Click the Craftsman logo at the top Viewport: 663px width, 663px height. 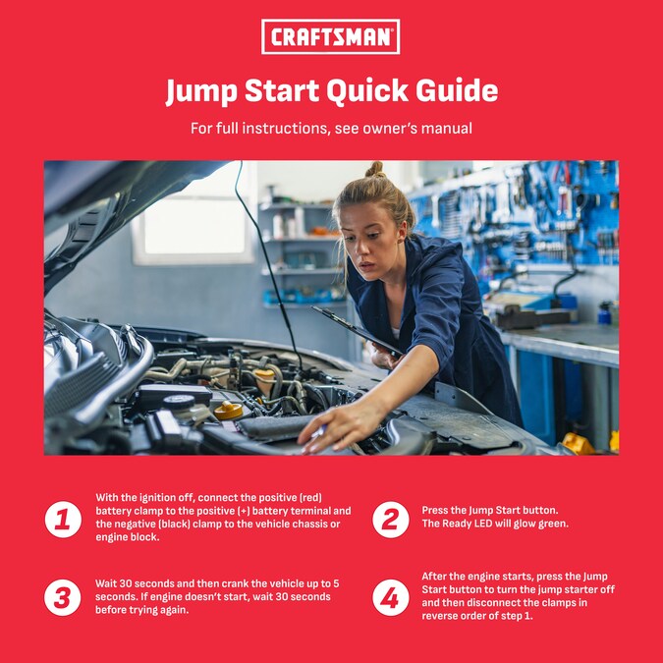[x=330, y=36]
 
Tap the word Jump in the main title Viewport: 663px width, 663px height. [x=201, y=91]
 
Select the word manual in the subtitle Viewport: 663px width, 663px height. [x=447, y=128]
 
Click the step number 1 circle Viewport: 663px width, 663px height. [x=63, y=520]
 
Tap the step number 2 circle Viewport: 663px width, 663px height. [x=391, y=520]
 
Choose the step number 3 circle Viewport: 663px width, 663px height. [x=63, y=597]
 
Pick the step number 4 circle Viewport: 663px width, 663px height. [x=391, y=597]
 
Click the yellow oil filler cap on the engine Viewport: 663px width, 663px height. [x=228, y=411]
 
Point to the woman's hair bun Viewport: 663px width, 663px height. [x=375, y=169]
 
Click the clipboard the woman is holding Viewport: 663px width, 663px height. [x=358, y=331]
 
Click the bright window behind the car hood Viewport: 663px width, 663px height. [x=194, y=226]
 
